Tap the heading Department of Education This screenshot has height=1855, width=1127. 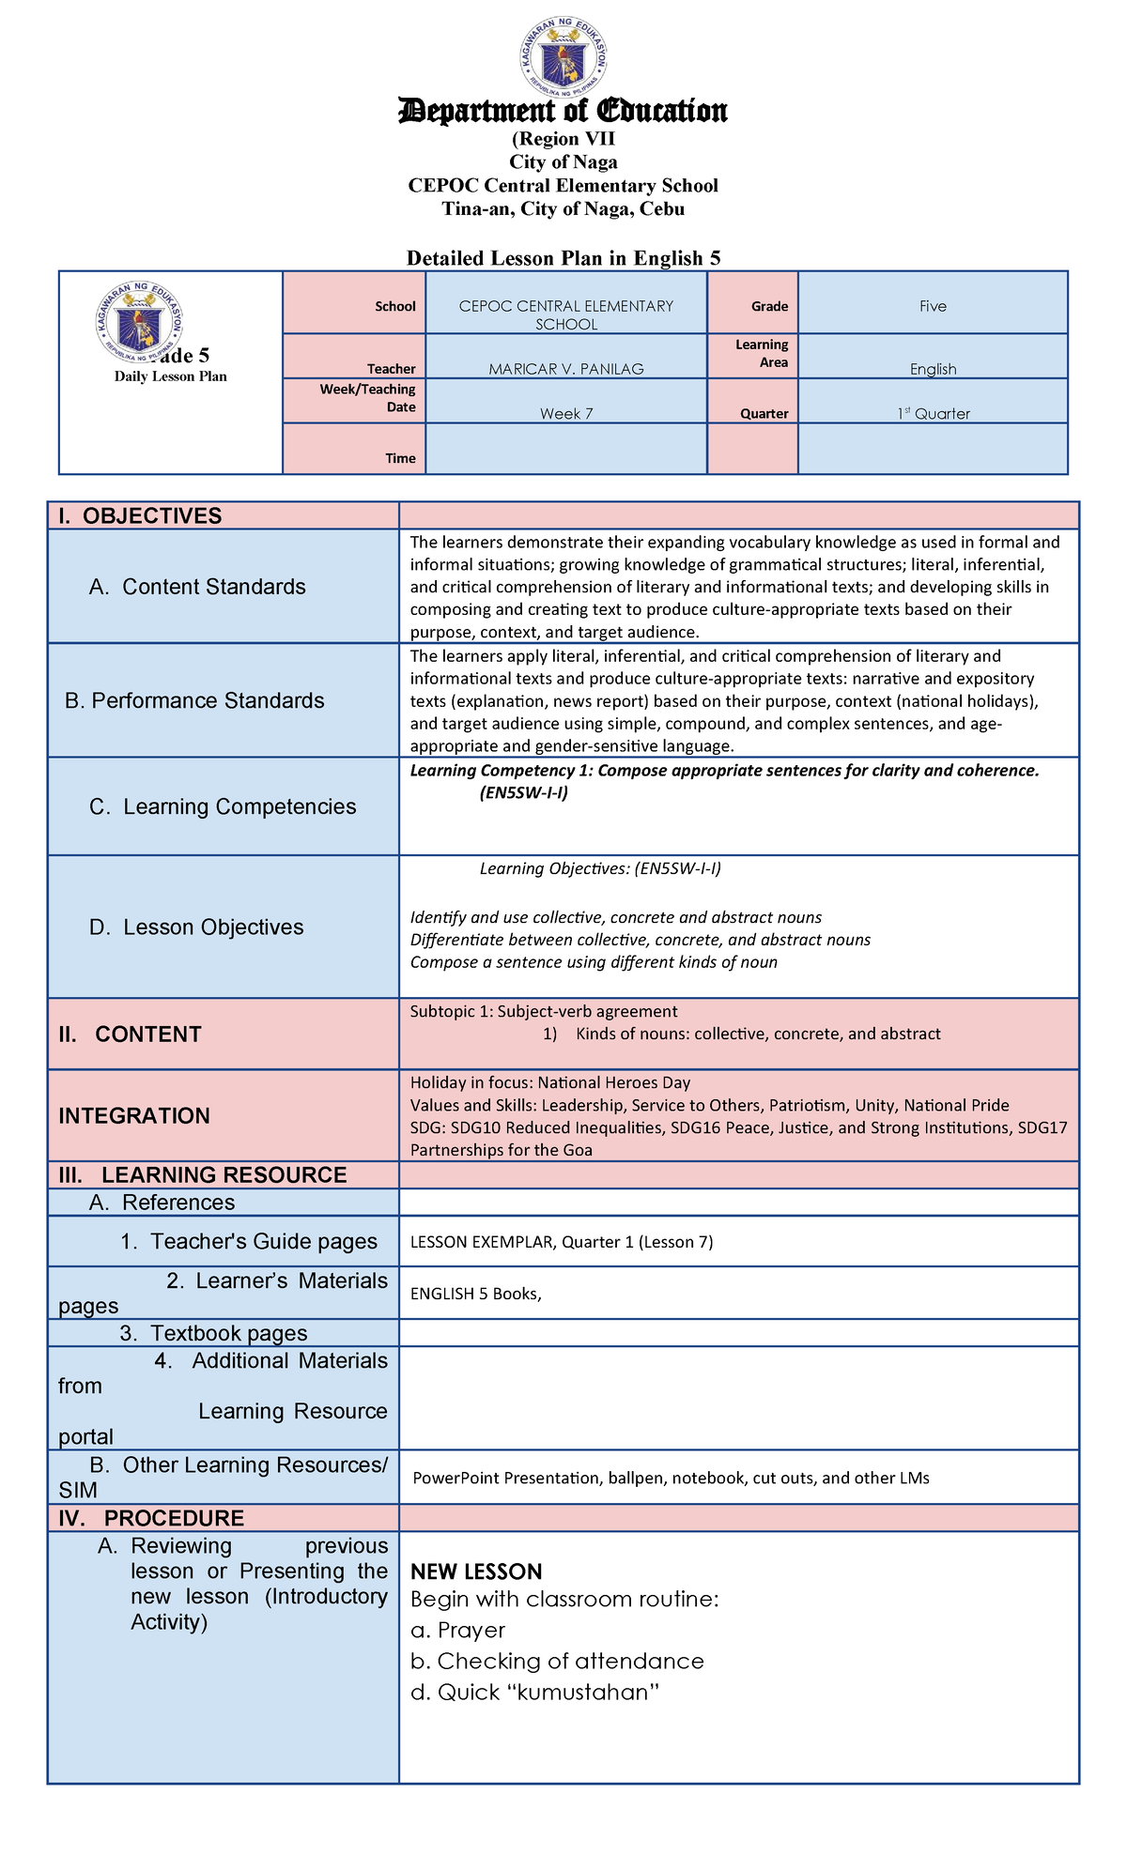(563, 111)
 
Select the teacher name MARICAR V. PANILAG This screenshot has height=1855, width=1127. (565, 369)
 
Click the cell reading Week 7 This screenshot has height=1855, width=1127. (565, 413)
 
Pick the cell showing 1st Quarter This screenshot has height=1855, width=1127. (933, 413)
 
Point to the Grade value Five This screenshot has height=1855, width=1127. (933, 306)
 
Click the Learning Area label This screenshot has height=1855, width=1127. (762, 354)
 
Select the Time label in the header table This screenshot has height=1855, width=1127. (400, 458)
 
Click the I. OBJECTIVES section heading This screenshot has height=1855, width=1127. (140, 515)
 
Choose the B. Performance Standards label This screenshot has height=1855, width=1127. (194, 700)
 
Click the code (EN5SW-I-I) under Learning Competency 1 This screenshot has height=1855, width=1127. (523, 792)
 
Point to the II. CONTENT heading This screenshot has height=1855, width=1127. (130, 1034)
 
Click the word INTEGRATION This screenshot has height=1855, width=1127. (134, 1115)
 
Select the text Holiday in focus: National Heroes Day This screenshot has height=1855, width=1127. (549, 1082)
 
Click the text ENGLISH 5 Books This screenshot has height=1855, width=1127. (475, 1294)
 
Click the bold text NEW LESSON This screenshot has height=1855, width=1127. (476, 1571)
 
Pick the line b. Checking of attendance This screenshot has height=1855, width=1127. (557, 1661)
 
